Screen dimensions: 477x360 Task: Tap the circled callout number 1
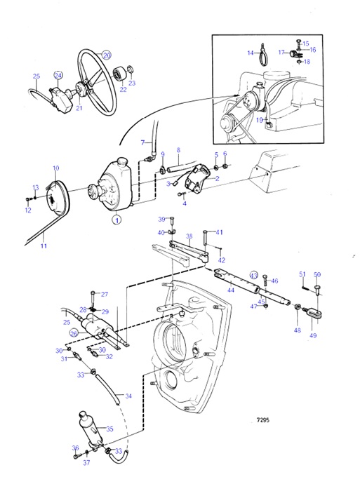[x=116, y=219]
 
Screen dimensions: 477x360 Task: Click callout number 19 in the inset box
[x=260, y=120]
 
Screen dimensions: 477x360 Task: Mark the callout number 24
[x=58, y=75]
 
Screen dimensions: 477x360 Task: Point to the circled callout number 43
[x=254, y=276]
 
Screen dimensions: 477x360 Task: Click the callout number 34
[x=128, y=396]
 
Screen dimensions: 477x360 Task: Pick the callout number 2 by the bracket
[x=217, y=179]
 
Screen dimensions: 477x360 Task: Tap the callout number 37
[x=86, y=463]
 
